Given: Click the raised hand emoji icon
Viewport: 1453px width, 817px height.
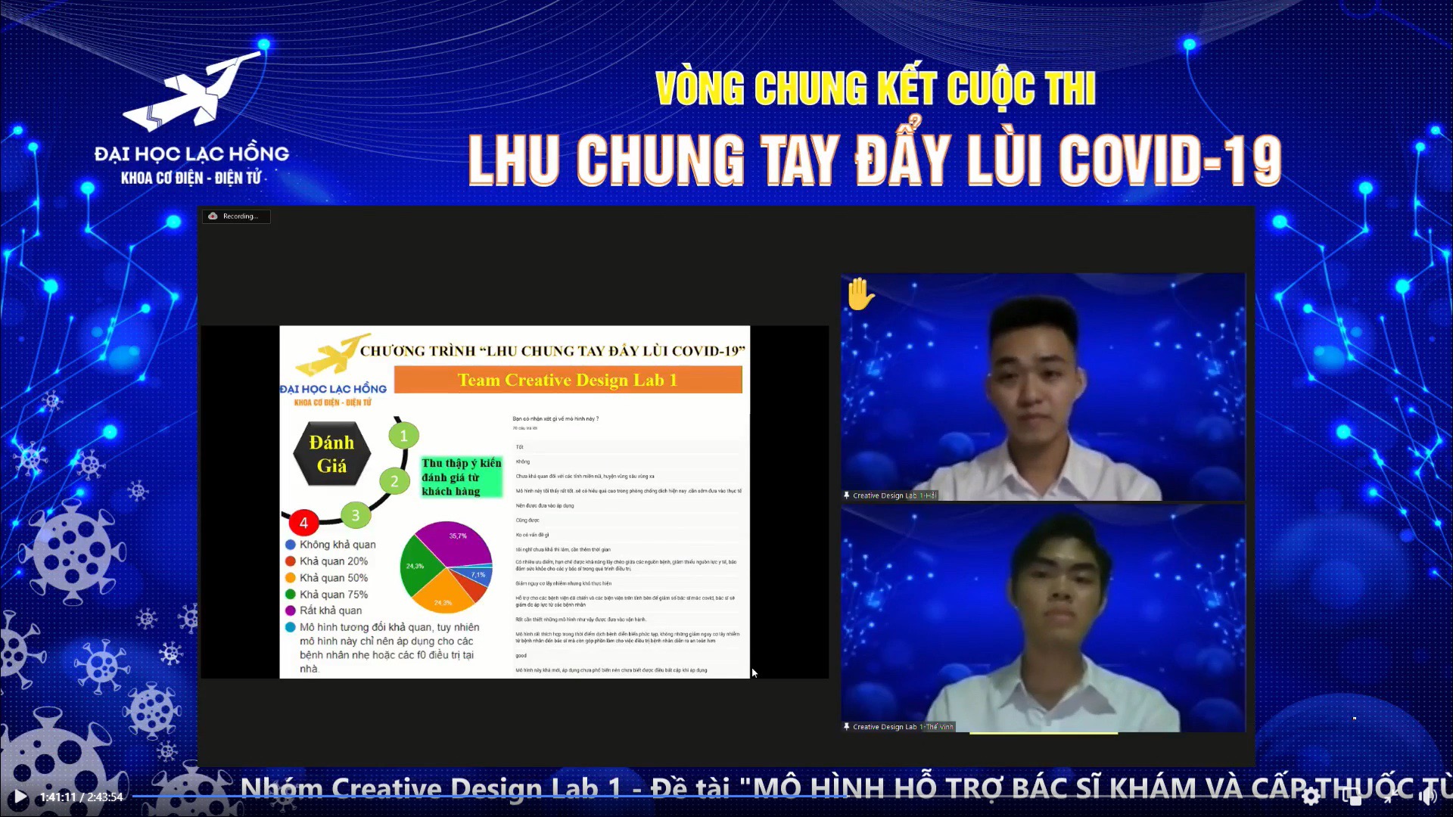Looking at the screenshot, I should coord(860,294).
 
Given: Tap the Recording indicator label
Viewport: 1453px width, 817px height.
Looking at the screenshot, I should coord(236,216).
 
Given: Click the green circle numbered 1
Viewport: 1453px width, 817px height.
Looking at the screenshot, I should coord(403,436).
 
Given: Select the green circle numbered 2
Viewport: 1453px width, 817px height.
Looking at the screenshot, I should coord(394,481).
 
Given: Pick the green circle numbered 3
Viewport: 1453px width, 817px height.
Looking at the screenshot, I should coord(355,516).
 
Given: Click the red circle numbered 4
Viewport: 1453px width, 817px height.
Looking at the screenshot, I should coord(303,523).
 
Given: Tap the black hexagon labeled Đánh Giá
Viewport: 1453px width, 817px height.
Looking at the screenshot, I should coord(331,454).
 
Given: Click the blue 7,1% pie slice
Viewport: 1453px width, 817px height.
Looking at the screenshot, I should coord(480,576).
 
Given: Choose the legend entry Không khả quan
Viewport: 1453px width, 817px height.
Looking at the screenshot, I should coord(337,545).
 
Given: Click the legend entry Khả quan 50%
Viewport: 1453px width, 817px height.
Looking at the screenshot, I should coord(333,578).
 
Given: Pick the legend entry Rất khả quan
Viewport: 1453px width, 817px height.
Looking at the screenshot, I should coord(330,610).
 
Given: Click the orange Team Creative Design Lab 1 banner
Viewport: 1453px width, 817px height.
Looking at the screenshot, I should coord(568,380).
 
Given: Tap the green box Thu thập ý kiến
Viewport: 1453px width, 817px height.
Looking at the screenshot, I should coord(461,477).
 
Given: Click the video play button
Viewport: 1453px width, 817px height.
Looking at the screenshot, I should coord(20,797).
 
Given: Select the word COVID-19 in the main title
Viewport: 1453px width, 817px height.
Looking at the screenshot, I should coord(1170,160).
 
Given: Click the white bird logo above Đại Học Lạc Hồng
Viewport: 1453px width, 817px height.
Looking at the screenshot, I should coord(193,91).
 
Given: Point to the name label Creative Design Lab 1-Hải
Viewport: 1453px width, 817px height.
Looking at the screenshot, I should coord(894,495).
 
